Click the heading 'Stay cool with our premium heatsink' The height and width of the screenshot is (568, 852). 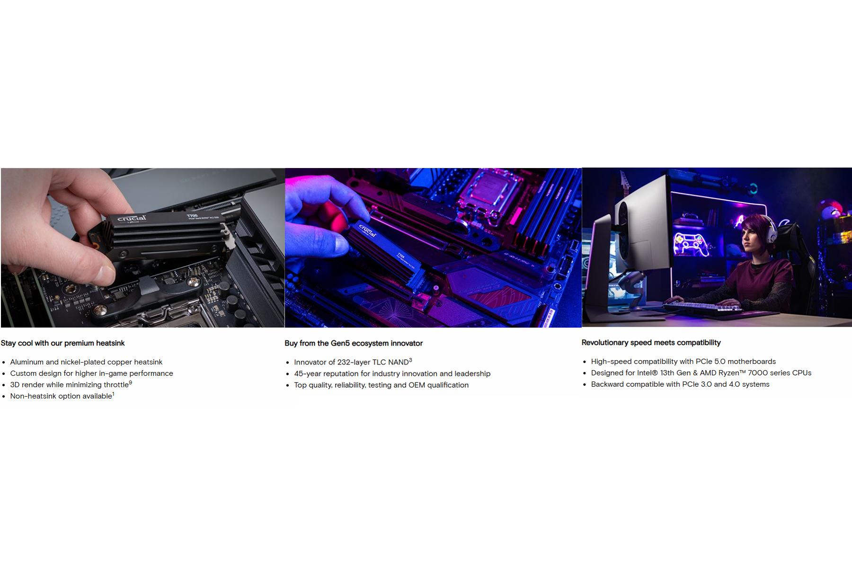62,343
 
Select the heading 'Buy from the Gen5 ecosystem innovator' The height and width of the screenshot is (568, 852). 354,343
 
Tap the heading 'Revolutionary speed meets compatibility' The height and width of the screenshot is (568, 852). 651,343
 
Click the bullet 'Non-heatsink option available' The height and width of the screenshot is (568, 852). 61,396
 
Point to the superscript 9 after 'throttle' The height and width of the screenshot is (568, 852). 131,383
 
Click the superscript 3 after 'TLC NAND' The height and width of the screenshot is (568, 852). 410,360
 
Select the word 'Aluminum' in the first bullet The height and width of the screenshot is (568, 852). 27,362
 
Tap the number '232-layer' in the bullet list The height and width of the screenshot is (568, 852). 354,362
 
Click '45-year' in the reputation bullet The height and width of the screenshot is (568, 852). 308,373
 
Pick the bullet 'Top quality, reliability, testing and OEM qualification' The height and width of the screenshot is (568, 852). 381,385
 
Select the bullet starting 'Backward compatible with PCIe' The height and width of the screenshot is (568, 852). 680,384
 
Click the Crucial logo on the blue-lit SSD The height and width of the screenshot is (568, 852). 368,231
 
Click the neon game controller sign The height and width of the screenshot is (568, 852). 692,244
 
